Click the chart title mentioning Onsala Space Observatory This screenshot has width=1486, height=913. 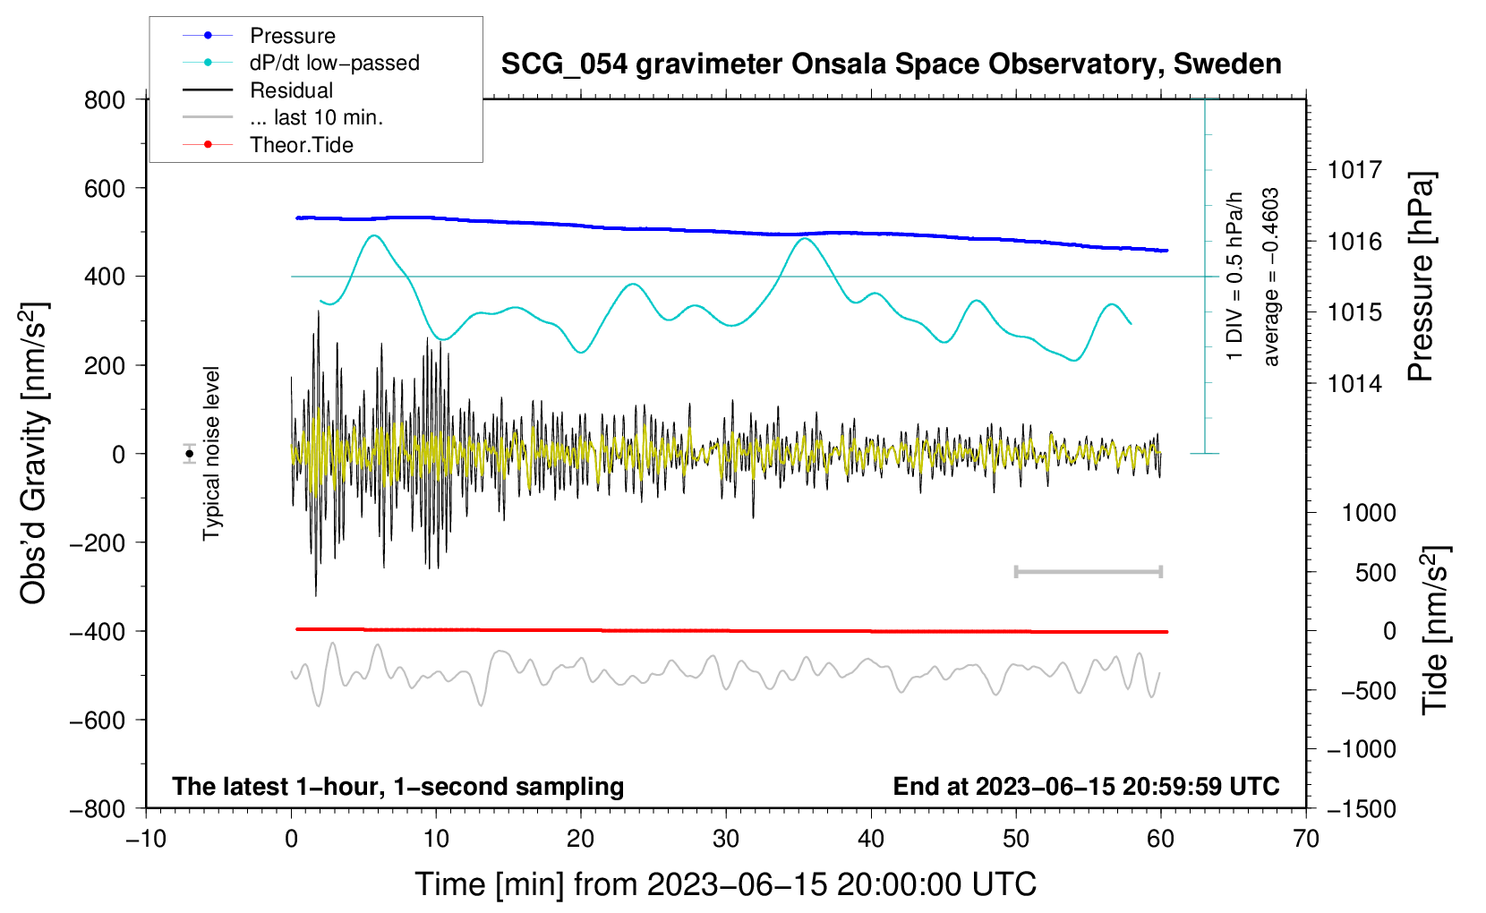pyautogui.click(x=891, y=64)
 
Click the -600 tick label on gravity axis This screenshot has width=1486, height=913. pyautogui.click(x=97, y=721)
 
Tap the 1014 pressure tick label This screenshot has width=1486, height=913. pyautogui.click(x=1354, y=383)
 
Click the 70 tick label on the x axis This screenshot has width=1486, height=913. pyautogui.click(x=1305, y=840)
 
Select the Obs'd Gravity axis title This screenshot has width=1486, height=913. pyautogui.click(x=33, y=454)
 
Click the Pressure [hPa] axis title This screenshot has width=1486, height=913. pyautogui.click(x=1421, y=277)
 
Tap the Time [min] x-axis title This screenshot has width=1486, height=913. pyautogui.click(x=726, y=885)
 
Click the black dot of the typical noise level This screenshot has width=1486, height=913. pyautogui.click(x=189, y=454)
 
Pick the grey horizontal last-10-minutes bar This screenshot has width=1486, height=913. pyautogui.click(x=1089, y=572)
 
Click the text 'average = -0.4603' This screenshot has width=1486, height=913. pyautogui.click(x=1270, y=277)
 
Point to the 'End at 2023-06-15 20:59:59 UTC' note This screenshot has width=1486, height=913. pyautogui.click(x=1086, y=787)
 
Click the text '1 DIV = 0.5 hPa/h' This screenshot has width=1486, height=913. pyautogui.click(x=1234, y=277)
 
